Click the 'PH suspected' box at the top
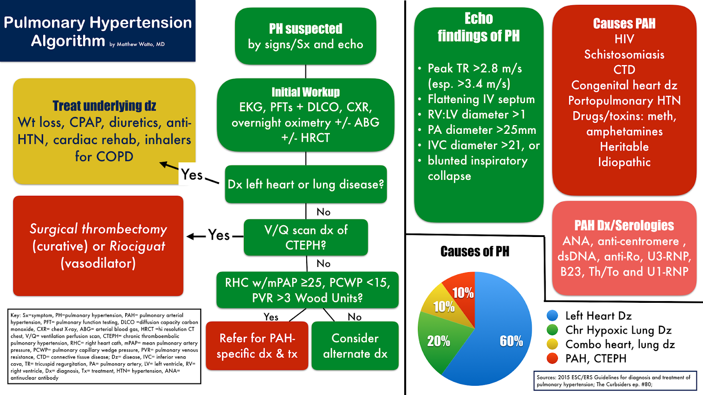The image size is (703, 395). pyautogui.click(x=305, y=36)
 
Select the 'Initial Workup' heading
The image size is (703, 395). pyautogui.click(x=305, y=92)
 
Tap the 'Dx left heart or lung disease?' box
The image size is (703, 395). pyautogui.click(x=306, y=184)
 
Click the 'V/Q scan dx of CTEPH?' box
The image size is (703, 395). pyautogui.click(x=306, y=237)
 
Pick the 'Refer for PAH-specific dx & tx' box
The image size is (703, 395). pyautogui.click(x=257, y=346)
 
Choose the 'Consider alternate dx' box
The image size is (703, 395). pyautogui.click(x=355, y=346)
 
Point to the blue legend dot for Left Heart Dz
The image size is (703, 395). pyautogui.click(x=552, y=316)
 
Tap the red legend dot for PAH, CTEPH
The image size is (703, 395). pyautogui.click(x=552, y=358)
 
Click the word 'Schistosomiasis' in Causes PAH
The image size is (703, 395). pyautogui.click(x=624, y=54)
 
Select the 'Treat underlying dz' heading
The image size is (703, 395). pyautogui.click(x=104, y=106)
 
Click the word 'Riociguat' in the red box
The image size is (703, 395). pyautogui.click(x=137, y=247)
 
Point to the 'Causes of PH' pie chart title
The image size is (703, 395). pyautogui.click(x=475, y=251)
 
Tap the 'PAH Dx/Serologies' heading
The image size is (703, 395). pyautogui.click(x=624, y=226)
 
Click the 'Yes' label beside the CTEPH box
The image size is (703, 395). pyautogui.click(x=219, y=235)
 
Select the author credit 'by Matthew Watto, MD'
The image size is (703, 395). pyautogui.click(x=137, y=44)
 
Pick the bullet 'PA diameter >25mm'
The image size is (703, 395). pyautogui.click(x=482, y=130)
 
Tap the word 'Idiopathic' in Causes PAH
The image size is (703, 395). pyautogui.click(x=624, y=162)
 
